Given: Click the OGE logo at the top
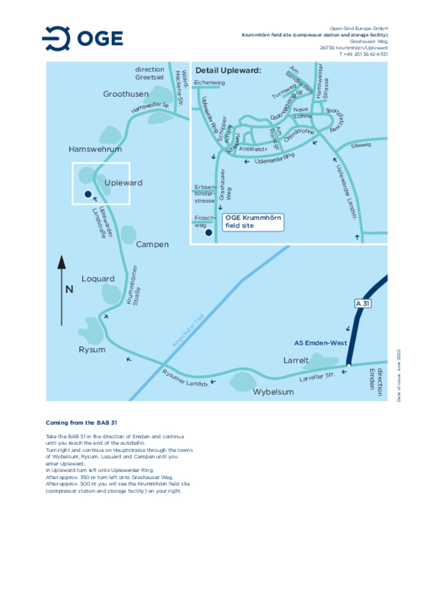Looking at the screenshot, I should [83, 38].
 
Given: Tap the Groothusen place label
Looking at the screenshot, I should [126, 94].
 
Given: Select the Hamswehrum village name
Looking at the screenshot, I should [95, 149].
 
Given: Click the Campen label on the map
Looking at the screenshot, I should [152, 244].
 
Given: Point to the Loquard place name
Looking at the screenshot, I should [98, 279].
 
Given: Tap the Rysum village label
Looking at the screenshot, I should [92, 350].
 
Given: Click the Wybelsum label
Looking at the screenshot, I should [273, 392].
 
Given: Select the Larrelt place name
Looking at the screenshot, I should [296, 360].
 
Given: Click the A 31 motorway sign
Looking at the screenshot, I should [362, 304].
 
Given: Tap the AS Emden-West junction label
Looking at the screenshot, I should [320, 343].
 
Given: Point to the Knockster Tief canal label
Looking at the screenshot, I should [188, 330].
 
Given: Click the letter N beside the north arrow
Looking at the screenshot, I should [69, 289].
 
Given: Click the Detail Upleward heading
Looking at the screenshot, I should [228, 70].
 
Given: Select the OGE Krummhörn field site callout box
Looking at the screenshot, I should [253, 222].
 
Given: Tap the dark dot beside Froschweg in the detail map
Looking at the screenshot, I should [209, 233].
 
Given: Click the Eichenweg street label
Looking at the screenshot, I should [209, 83].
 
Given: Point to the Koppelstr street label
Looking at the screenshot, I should [253, 149].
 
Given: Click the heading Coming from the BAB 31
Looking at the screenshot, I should [81, 423].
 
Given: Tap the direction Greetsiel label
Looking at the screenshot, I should [149, 73].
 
